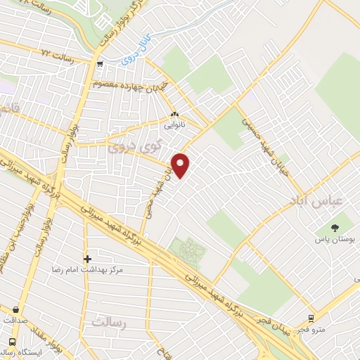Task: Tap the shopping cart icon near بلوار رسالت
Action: click(x=101, y=65)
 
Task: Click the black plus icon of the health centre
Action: click(x=87, y=259)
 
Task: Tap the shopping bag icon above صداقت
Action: click(x=15, y=309)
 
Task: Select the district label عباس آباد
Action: click(x=314, y=201)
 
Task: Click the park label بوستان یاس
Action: click(x=333, y=238)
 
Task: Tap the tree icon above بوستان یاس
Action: click(x=334, y=227)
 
